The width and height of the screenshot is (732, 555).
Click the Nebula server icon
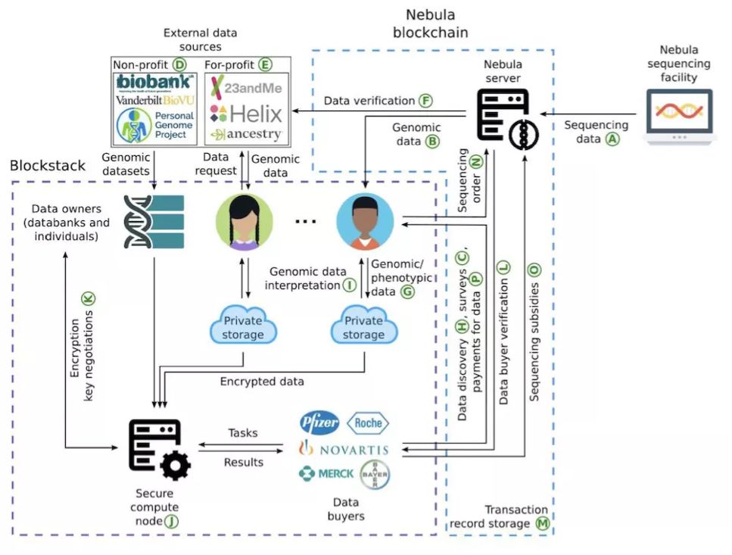click(502, 116)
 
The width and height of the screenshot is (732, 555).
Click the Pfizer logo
click(319, 422)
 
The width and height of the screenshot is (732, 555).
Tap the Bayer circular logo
click(375, 474)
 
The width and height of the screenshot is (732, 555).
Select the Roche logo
click(368, 422)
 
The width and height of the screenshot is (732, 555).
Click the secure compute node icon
click(157, 450)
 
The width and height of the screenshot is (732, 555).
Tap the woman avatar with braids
click(245, 222)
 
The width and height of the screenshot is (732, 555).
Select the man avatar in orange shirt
click(365, 221)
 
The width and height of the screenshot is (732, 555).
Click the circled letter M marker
click(541, 523)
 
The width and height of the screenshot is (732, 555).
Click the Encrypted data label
click(262, 382)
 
